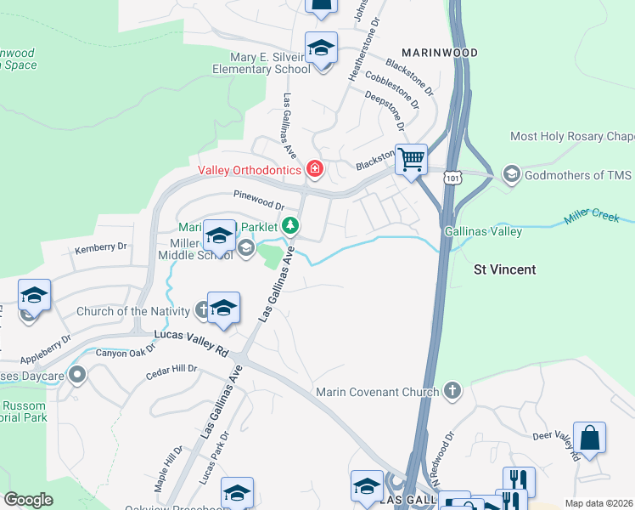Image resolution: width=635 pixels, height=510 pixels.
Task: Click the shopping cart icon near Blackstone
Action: [411, 159]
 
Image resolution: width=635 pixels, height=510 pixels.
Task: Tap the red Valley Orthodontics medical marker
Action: [315, 170]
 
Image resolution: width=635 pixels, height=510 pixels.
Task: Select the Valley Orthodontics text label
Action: [250, 170]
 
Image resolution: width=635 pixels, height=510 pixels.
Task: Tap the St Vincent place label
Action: [504, 269]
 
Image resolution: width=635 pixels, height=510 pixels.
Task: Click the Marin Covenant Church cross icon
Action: [452, 391]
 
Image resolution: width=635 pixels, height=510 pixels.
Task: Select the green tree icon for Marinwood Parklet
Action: [291, 226]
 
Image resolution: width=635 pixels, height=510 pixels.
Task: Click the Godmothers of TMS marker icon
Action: [512, 175]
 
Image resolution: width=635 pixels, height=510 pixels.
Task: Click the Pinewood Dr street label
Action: [259, 204]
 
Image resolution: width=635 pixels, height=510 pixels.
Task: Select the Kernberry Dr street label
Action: [100, 247]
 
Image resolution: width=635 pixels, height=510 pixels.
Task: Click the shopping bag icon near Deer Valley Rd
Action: [589, 439]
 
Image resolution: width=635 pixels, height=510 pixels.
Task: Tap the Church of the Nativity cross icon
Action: [203, 309]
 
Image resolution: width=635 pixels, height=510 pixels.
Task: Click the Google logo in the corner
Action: [28, 500]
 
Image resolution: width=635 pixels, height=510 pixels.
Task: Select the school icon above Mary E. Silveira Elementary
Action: [322, 48]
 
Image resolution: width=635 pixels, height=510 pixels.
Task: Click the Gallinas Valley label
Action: [482, 231]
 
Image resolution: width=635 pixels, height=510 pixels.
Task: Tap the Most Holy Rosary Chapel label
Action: [571, 136]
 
